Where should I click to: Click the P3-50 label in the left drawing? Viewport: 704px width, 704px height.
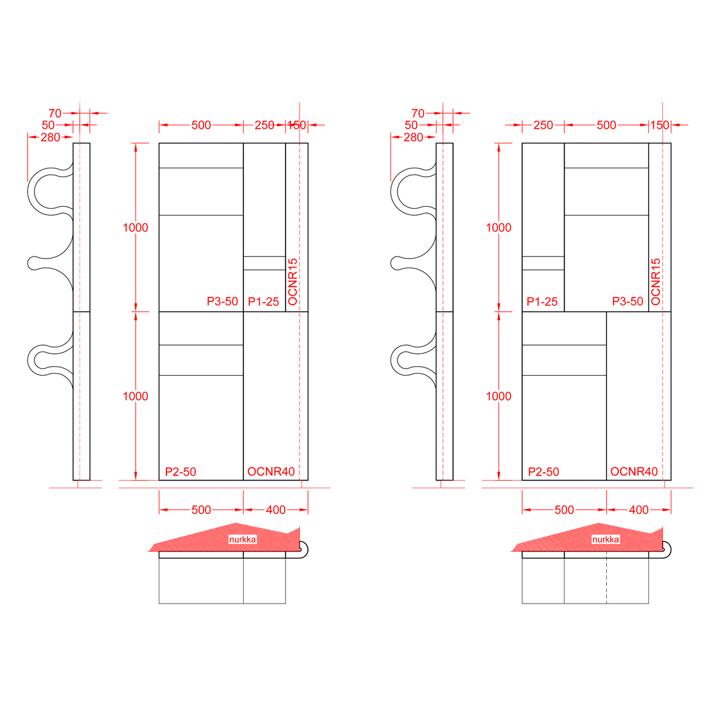click(x=222, y=301)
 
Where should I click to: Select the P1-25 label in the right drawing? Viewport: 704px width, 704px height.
click(x=542, y=301)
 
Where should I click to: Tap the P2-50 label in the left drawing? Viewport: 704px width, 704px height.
click(x=180, y=472)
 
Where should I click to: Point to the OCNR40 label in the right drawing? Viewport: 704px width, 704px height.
click(x=634, y=472)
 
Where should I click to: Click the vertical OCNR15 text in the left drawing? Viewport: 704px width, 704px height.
click(x=292, y=282)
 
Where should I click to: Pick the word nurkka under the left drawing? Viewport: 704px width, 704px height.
click(x=243, y=540)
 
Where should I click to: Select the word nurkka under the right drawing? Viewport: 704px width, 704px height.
click(x=605, y=540)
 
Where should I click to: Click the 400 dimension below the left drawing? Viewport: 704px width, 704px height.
click(x=276, y=510)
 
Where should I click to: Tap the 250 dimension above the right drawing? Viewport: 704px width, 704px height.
click(x=543, y=125)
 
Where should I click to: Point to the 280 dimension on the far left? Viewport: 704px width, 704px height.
click(x=51, y=138)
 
